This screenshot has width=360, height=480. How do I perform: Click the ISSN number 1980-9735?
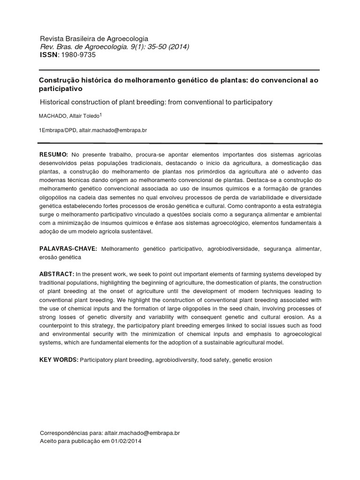(x=79, y=55)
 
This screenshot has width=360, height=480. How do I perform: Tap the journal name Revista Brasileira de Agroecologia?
(x=94, y=39)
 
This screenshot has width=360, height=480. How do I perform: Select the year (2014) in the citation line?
(x=179, y=47)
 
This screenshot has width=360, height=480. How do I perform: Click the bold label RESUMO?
(x=54, y=155)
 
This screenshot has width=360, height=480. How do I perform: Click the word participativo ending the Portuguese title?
(x=60, y=88)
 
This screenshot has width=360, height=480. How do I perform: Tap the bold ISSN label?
(x=48, y=55)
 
